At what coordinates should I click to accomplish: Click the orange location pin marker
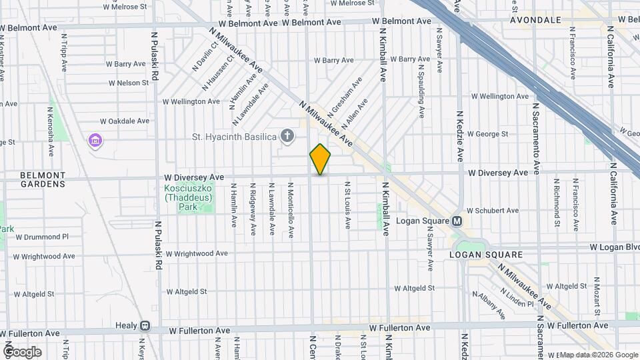pos(320,159)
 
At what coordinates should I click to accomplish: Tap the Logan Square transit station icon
pos(457,221)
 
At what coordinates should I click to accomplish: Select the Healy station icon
pos(145,326)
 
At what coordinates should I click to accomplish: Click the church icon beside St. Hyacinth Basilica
pos(287,137)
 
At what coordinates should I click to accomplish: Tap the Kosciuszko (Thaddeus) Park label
pos(189,197)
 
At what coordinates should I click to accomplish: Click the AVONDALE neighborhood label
pos(535,20)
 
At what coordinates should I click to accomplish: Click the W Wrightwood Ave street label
pos(197,253)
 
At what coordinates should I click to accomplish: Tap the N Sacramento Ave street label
pos(535,133)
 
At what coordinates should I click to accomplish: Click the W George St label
pos(488,133)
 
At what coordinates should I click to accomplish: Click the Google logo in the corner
pos(21,351)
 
